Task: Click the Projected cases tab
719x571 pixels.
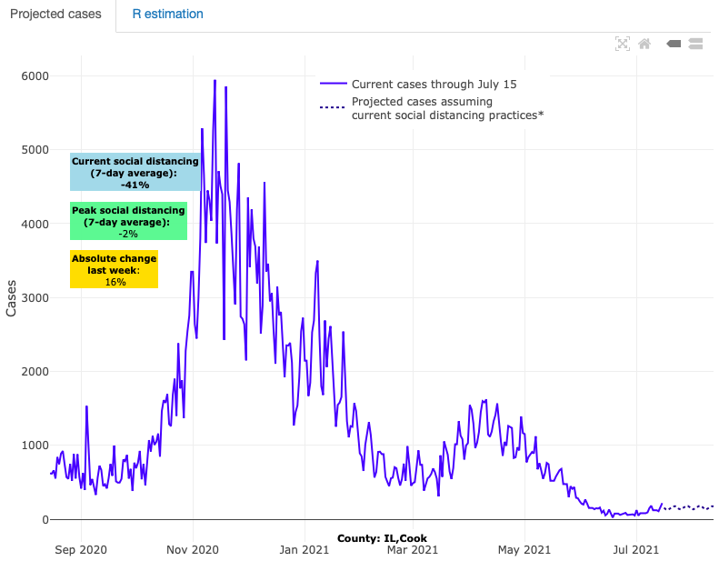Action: click(x=56, y=15)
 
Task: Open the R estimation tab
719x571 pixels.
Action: click(x=167, y=15)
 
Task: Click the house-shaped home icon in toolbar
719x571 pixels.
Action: click(x=644, y=43)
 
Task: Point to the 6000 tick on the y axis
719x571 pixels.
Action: click(x=35, y=75)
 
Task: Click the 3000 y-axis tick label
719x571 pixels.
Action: click(x=35, y=297)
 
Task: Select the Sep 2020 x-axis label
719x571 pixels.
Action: click(x=81, y=549)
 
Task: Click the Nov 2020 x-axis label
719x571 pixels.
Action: click(x=193, y=549)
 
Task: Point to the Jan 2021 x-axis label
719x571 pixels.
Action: click(x=304, y=549)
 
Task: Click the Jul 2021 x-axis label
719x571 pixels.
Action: click(x=633, y=549)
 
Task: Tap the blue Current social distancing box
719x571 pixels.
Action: click(x=135, y=172)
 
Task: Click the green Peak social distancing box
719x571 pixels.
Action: click(x=128, y=221)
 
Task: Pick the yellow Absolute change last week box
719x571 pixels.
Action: click(x=115, y=270)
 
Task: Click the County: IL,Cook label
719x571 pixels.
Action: click(x=382, y=538)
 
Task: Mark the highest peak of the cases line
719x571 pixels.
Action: click(x=215, y=80)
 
